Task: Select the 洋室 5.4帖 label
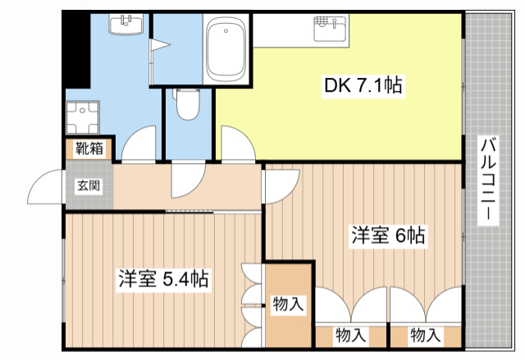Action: pyautogui.click(x=163, y=279)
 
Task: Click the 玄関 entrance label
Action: pyautogui.click(x=89, y=185)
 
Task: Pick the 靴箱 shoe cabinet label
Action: pyautogui.click(x=89, y=148)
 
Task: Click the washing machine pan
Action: pyautogui.click(x=84, y=118)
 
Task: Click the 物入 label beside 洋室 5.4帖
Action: pyautogui.click(x=288, y=304)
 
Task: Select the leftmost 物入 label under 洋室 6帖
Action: pyautogui.click(x=351, y=335)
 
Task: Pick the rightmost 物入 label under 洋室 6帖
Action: pyautogui.click(x=425, y=335)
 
